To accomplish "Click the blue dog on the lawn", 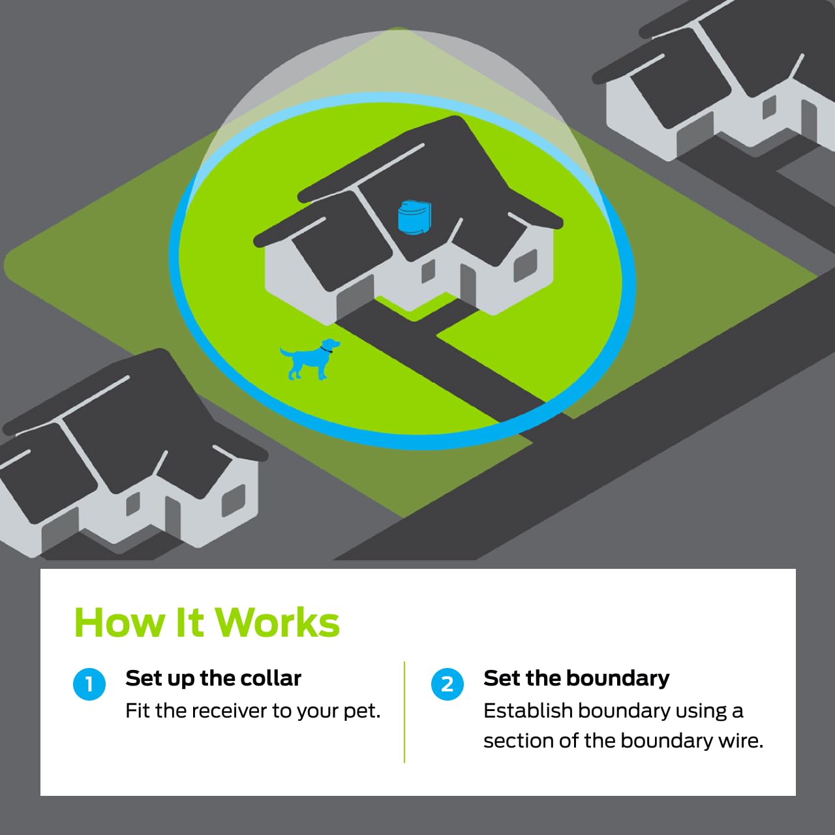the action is (309, 359).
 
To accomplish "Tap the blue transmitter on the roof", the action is (414, 217).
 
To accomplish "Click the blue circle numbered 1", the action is (89, 684).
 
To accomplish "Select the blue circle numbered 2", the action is (448, 684).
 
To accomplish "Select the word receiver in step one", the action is (223, 711).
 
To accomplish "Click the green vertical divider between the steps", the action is (404, 712).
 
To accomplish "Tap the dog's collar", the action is (326, 348).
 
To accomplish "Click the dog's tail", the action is (286, 352).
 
